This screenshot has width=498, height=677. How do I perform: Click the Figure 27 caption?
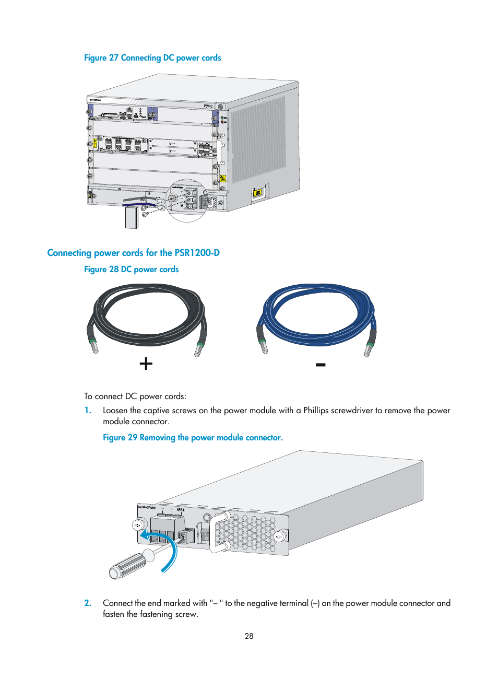click(152, 58)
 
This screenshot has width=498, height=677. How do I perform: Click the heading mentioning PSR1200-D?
click(133, 253)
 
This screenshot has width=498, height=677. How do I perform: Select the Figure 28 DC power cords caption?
click(131, 270)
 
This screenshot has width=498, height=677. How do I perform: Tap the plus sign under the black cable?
click(146, 364)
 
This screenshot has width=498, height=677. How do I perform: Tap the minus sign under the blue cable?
click(321, 365)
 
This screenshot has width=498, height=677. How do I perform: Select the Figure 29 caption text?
click(193, 438)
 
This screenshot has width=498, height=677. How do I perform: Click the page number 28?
click(249, 636)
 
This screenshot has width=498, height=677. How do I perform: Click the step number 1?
click(88, 411)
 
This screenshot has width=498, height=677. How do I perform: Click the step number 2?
click(88, 603)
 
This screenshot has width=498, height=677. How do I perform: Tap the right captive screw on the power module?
click(279, 536)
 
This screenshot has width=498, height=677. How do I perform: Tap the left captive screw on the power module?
click(138, 525)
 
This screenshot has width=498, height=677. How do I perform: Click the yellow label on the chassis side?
click(257, 194)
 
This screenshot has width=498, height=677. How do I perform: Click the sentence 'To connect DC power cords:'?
click(135, 396)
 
